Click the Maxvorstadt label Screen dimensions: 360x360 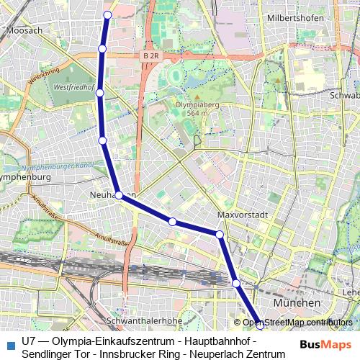243,215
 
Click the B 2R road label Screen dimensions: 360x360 150,55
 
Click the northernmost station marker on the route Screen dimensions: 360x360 108,15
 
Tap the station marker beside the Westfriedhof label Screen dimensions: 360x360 100,92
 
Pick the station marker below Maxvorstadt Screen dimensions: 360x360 220,234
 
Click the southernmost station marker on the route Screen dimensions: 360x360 260,325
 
